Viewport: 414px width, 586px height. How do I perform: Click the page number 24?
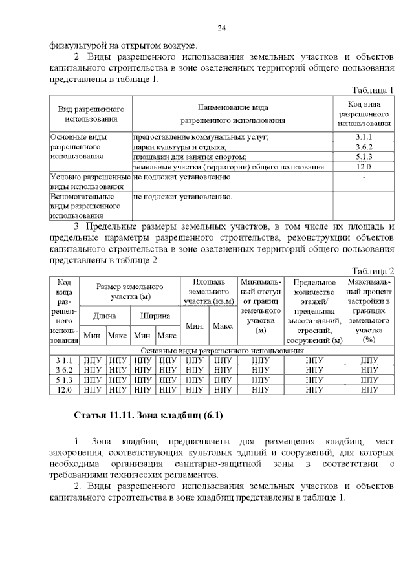click(x=221, y=28)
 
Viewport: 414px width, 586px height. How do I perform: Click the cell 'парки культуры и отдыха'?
click(x=179, y=147)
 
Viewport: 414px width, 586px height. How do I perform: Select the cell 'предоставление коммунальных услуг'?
click(x=201, y=137)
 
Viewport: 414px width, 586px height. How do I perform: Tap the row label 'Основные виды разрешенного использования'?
click(x=82, y=147)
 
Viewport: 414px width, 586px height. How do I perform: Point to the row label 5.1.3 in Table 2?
click(x=64, y=380)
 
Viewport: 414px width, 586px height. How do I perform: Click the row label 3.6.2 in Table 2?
click(x=64, y=370)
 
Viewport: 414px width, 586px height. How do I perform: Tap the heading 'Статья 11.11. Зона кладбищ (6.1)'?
click(x=149, y=415)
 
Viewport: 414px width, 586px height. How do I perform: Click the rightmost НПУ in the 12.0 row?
click(x=369, y=389)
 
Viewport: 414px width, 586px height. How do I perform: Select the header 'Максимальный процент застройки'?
click(x=369, y=310)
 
